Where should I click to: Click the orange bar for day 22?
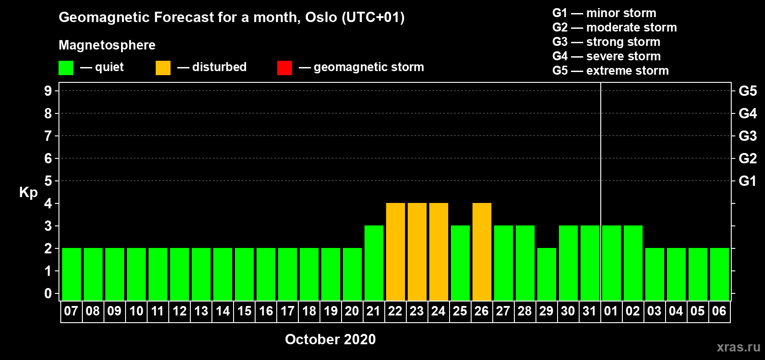pos(396,252)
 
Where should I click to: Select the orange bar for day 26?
pos(482,252)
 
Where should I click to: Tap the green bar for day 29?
pos(547,274)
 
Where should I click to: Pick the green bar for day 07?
pos(72,274)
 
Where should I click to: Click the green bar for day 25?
pos(460,263)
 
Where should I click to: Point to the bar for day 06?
pos(720,274)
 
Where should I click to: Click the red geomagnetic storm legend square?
pos(285,67)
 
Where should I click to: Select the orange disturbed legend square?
pos(163,67)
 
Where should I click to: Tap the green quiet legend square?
pos(66,67)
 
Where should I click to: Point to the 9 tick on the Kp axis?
pos(48,91)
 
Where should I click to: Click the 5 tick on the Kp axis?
pos(48,181)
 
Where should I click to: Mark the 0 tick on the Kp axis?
pos(48,293)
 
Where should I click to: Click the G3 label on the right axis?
pos(748,136)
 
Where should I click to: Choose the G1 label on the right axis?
pos(747,181)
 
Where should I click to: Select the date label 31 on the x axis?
pos(589,311)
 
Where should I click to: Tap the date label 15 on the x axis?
pos(244,311)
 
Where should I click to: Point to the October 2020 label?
pos(330,339)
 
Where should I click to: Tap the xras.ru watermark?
pos(739,347)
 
